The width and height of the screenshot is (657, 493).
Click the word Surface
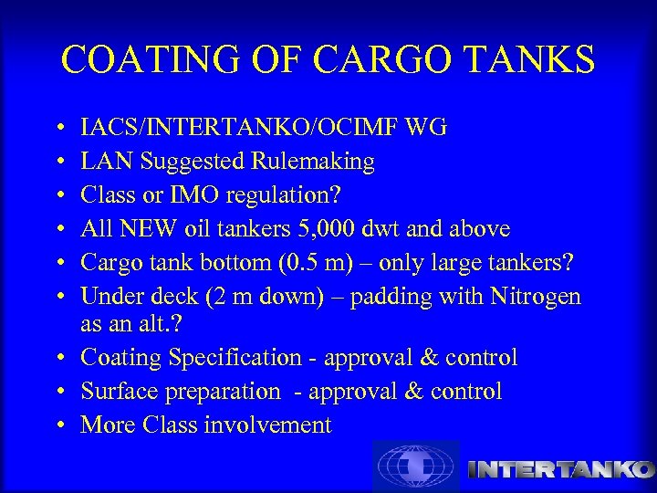(x=117, y=392)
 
